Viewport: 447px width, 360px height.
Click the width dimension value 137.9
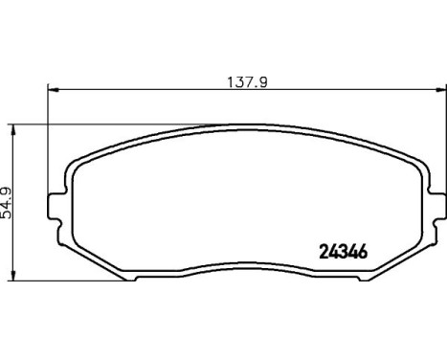coord(246,81)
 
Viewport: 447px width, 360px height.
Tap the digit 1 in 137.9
coord(230,81)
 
